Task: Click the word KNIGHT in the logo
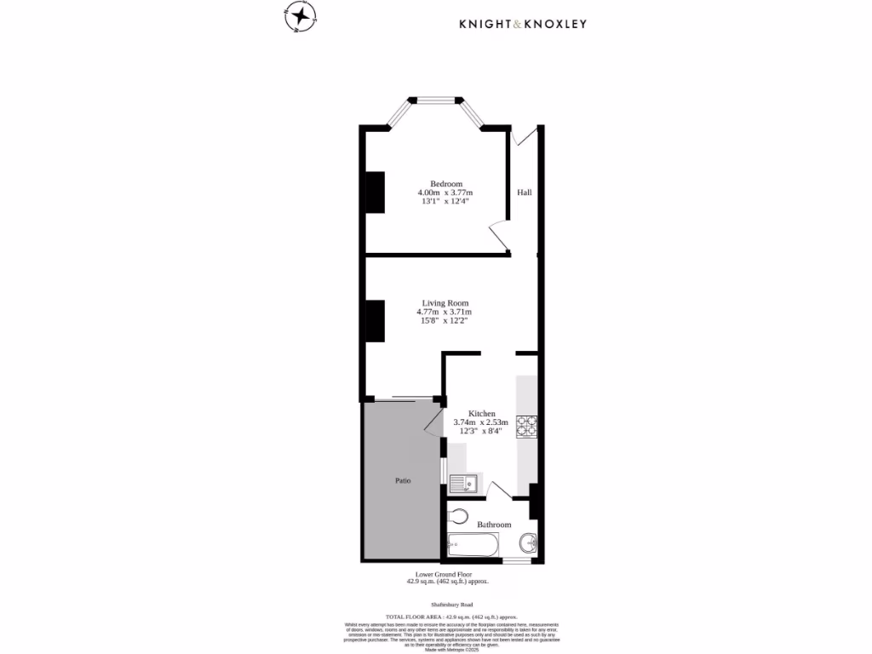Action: pos(489,24)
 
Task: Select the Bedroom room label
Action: pos(445,184)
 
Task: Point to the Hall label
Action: pos(524,192)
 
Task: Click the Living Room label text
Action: pos(445,302)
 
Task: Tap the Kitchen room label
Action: pos(481,413)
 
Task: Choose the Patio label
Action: pos(403,481)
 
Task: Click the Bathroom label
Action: pos(494,525)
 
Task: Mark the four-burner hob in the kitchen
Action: pos(526,425)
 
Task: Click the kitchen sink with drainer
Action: pos(465,484)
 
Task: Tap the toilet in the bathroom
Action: pos(457,516)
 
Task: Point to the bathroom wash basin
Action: pos(528,541)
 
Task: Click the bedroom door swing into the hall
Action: pos(498,237)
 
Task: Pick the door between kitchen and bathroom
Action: pos(499,488)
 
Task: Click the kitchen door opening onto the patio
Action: pos(434,420)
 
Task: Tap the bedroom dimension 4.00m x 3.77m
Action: pos(445,193)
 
